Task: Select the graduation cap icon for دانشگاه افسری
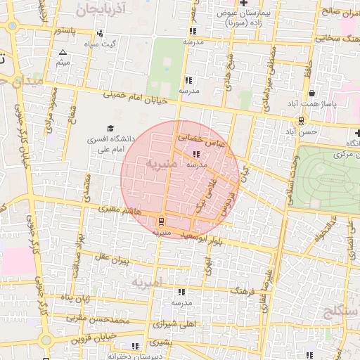pos(110,128)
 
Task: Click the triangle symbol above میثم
pos(63,53)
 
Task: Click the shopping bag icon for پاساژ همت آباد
pos(311,93)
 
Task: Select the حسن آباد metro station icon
pos(301,120)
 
